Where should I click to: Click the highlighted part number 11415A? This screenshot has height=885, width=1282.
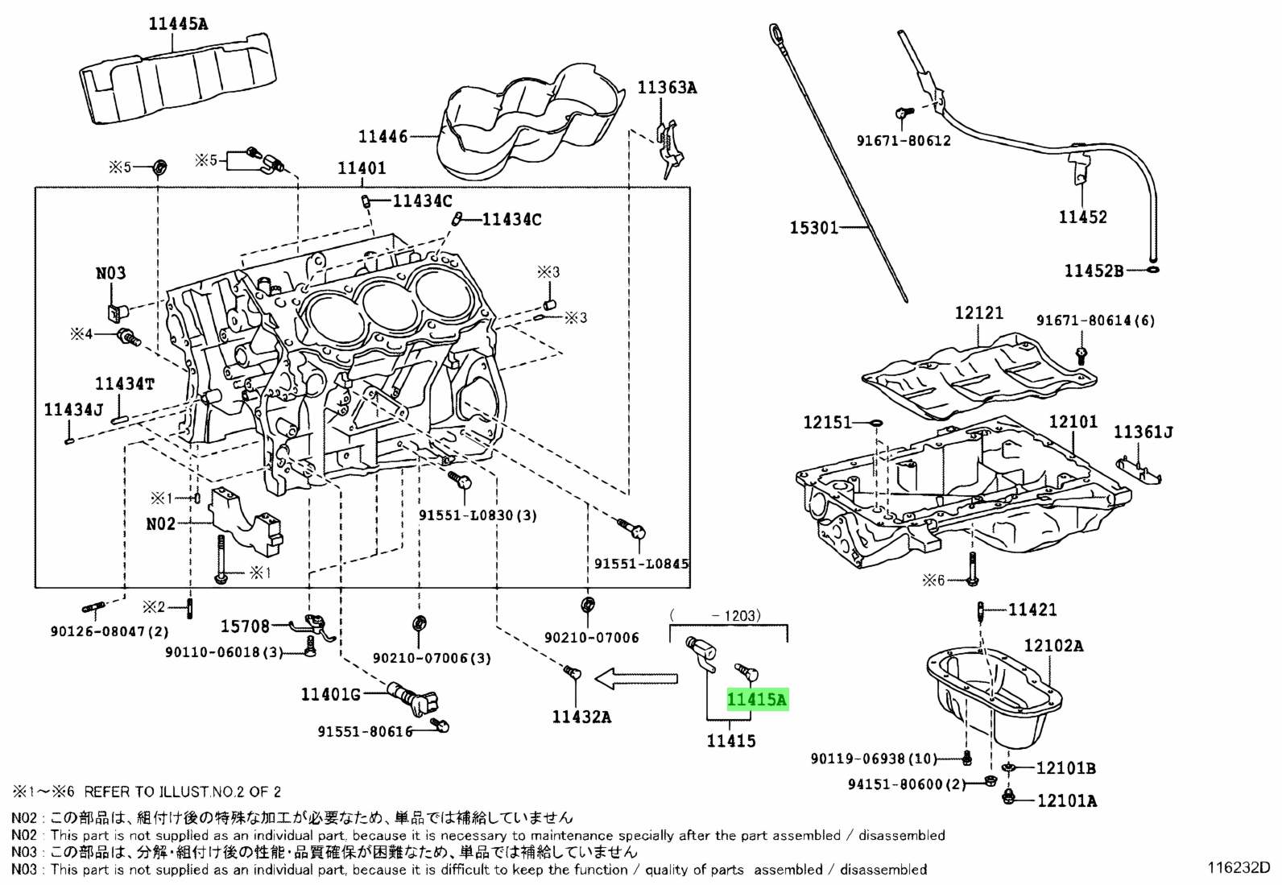coord(758,699)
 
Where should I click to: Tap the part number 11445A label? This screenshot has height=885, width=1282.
coord(178,24)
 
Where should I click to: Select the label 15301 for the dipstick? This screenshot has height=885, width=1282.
coord(814,228)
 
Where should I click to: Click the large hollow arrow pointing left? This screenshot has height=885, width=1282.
coord(636,679)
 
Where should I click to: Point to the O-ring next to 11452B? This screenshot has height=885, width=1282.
coord(1153,269)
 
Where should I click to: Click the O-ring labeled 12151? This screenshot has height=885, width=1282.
coord(875,423)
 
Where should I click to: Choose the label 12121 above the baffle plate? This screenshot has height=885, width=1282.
coord(978,313)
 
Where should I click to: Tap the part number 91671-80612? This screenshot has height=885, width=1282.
coord(904,141)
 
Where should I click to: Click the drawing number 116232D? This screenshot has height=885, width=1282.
coord(1239,868)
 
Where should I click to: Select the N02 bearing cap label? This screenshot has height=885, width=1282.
coord(161,523)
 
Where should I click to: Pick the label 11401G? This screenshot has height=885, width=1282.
coord(331,694)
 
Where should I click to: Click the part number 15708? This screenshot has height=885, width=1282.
coord(245,627)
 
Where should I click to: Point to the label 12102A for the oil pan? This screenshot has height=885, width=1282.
coord(1053,646)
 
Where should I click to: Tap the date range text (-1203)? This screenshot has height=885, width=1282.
coord(715,615)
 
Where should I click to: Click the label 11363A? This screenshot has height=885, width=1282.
coord(668,88)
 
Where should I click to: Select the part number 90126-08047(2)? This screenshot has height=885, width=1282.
coord(110,631)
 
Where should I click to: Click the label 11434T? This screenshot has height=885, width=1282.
coord(125,383)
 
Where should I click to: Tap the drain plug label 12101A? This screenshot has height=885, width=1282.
coord(1067,800)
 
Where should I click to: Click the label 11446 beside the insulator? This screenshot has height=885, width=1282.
coord(383,136)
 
